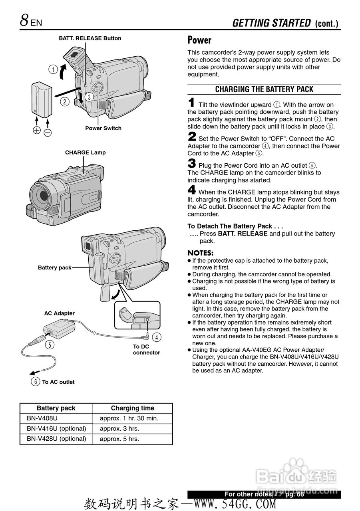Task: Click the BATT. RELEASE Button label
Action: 90,38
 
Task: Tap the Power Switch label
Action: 103,128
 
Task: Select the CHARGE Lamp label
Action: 85,153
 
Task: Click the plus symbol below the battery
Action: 37,130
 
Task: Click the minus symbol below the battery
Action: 48,133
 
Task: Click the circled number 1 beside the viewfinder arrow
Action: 53,69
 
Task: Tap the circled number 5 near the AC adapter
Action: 50,344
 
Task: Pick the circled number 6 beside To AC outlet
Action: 36,382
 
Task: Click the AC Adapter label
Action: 59,313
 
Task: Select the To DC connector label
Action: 146,349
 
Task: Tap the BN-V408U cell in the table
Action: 42,418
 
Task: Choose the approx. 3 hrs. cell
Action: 119,429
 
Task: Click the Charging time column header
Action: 132,408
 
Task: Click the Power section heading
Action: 199,40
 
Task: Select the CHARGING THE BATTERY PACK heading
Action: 264,89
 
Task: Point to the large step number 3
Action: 192,163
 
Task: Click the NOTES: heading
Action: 201,253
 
